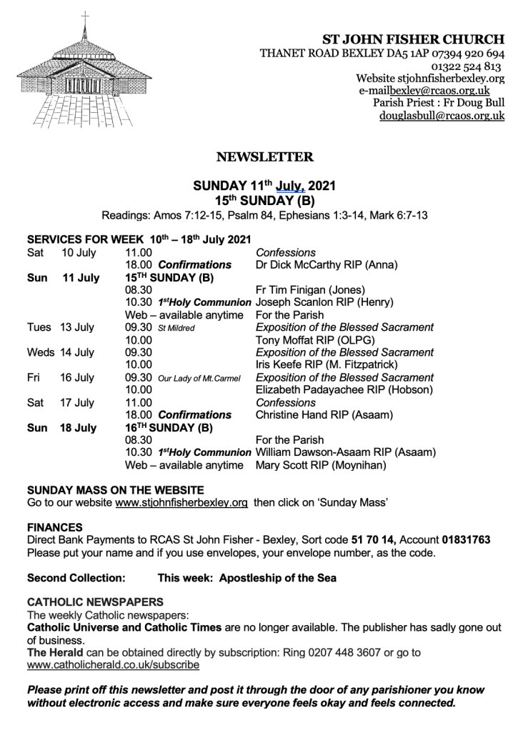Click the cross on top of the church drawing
tap(85, 17)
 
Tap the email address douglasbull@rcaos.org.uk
tap(442, 115)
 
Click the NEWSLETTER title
tap(264, 156)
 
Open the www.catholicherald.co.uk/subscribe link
tap(113, 664)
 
